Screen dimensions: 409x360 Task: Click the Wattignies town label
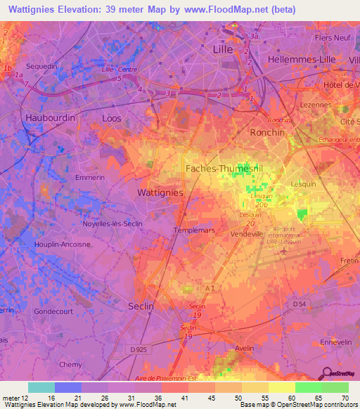[159, 192]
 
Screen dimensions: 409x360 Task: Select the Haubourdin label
[50, 118]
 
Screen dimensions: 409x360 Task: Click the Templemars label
[192, 230]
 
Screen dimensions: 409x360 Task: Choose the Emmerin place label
[89, 178]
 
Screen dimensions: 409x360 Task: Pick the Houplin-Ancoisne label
[62, 244]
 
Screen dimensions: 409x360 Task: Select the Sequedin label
[41, 65]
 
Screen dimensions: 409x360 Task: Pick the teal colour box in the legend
[41, 387]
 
